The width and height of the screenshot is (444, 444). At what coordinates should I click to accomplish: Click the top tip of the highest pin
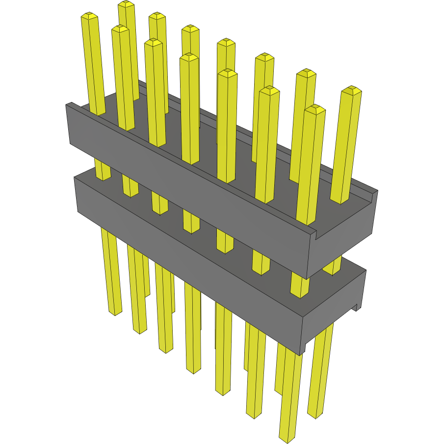126,4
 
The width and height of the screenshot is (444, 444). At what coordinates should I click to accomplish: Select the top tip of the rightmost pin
351,90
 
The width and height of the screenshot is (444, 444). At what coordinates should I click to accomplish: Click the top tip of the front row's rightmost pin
314,108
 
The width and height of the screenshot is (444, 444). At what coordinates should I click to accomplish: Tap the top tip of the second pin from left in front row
120,28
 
